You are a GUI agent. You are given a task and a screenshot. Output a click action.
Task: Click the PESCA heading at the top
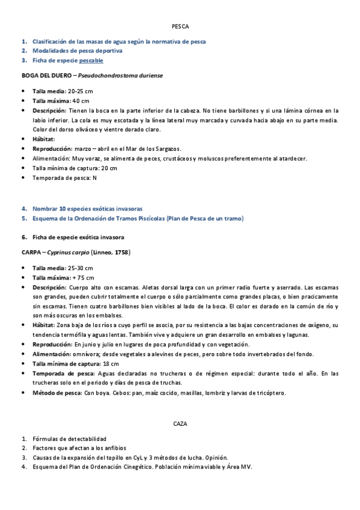[x=180, y=27]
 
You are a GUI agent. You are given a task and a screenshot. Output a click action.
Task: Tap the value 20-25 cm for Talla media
[x=80, y=91]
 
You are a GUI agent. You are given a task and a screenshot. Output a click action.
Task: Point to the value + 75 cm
[x=83, y=277]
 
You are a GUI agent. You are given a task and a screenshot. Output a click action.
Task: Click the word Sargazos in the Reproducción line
[x=166, y=149]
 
